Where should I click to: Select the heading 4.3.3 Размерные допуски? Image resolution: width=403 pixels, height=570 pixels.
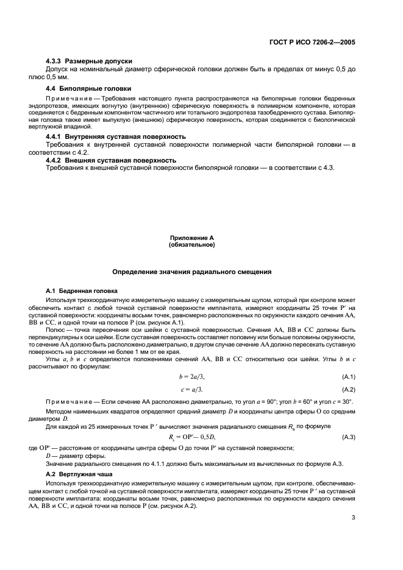89,61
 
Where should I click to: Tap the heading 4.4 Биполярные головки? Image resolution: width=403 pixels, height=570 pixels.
83,88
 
